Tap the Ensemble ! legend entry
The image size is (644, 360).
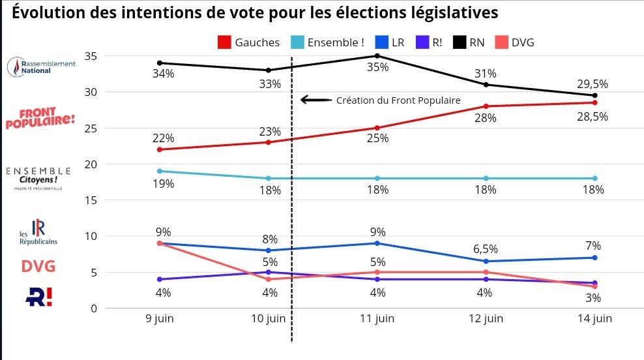click(x=327, y=42)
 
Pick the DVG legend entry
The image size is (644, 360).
click(x=516, y=42)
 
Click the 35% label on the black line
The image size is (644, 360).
click(x=377, y=67)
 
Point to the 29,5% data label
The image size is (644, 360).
click(x=593, y=83)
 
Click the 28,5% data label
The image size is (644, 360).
click(x=593, y=116)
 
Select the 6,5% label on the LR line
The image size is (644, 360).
click(x=486, y=249)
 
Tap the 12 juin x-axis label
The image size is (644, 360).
click(x=486, y=319)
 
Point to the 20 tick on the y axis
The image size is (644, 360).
click(x=91, y=164)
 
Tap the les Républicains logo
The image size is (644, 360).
click(x=38, y=232)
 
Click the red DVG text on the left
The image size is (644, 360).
click(x=38, y=267)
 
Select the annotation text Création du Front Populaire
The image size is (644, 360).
click(x=398, y=100)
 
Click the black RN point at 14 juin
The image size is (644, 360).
click(x=594, y=95)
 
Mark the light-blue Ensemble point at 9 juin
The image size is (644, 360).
click(x=160, y=171)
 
